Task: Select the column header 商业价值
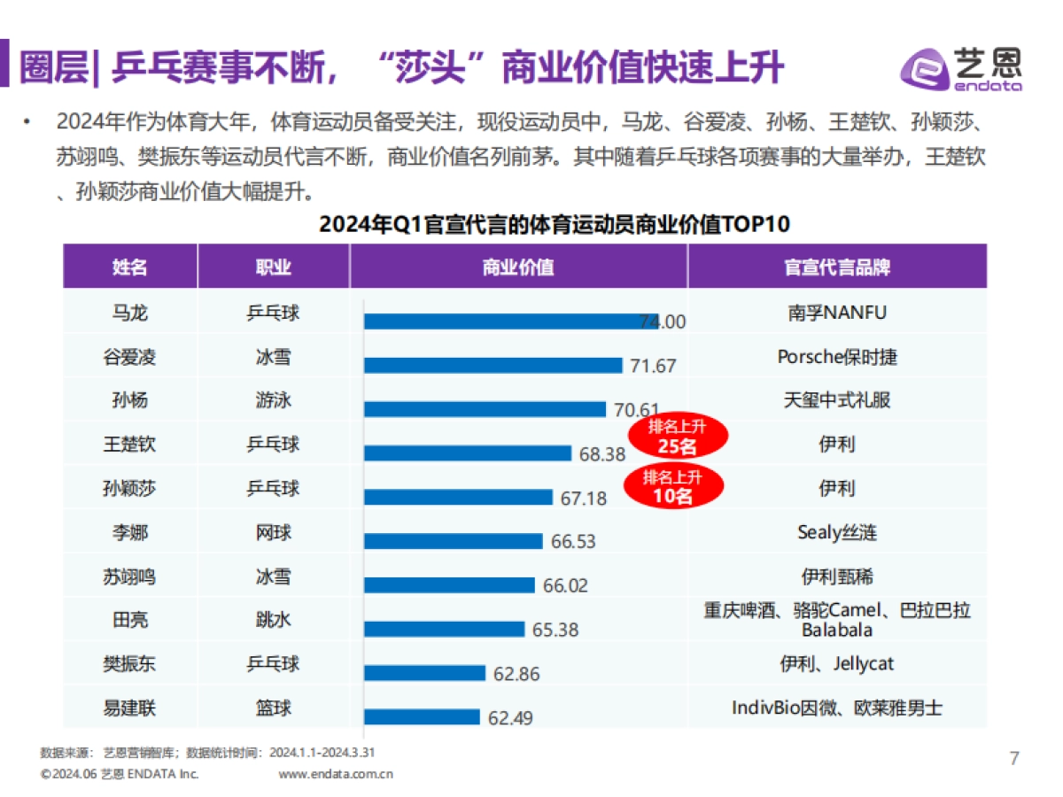[x=518, y=267]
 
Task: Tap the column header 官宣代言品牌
[x=837, y=267]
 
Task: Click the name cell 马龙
[x=129, y=313]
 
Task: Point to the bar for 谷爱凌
[x=493, y=365]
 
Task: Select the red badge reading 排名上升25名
[x=678, y=436]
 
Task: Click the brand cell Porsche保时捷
[x=837, y=356]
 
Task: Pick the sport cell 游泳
[x=273, y=400]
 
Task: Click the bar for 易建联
[x=422, y=716]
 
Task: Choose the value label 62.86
[x=516, y=674]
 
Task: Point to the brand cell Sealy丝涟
[x=837, y=532]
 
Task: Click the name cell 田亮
[x=129, y=620]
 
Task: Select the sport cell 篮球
[x=273, y=708]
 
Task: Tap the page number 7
[x=1014, y=758]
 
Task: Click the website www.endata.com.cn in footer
[x=336, y=774]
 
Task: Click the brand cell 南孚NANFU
[x=837, y=313]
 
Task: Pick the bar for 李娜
[x=454, y=541]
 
